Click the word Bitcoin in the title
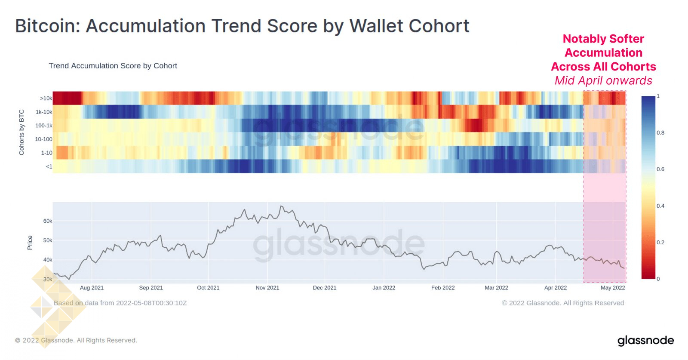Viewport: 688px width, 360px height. [47, 26]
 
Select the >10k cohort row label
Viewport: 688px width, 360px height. [46, 98]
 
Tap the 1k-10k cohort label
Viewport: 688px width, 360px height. [44, 112]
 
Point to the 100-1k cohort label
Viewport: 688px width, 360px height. [43, 126]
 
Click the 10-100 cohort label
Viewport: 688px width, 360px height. [43, 139]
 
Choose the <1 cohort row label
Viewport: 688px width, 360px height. [49, 166]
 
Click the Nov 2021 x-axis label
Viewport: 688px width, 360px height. [267, 288]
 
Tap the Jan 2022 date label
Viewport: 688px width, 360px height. [384, 288]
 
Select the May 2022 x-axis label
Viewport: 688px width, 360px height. [612, 288]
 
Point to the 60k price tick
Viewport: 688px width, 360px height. [47, 221]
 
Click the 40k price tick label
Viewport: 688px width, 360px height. [47, 260]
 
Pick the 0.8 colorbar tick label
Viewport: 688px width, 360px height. [660, 133]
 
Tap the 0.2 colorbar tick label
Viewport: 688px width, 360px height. [660, 243]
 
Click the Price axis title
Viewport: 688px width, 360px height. [30, 243]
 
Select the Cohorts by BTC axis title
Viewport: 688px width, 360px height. [21, 132]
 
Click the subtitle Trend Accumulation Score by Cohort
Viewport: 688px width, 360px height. [113, 66]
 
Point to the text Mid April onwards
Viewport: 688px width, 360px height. [603, 81]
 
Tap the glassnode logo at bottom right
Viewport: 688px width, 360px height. [645, 341]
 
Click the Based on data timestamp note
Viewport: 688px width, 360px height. [120, 303]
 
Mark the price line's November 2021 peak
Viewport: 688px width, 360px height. [281, 206]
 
